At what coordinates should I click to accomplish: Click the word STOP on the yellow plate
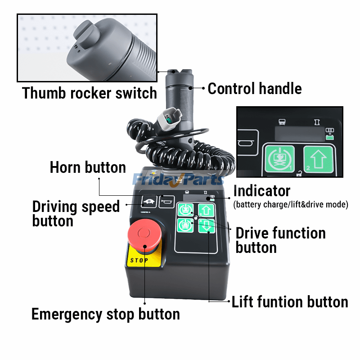click(139, 260)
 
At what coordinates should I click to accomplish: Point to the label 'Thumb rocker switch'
click(89, 93)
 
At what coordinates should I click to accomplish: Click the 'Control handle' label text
click(254, 88)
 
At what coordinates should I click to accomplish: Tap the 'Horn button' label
click(88, 167)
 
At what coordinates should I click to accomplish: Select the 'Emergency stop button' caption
click(105, 314)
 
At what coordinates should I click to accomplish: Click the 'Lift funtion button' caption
click(290, 302)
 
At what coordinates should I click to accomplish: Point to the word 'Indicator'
click(261, 191)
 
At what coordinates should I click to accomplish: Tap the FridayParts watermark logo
click(178, 180)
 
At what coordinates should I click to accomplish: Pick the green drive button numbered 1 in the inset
click(279, 160)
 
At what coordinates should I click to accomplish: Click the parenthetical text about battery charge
click(291, 204)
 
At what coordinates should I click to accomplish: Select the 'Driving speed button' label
click(76, 214)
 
